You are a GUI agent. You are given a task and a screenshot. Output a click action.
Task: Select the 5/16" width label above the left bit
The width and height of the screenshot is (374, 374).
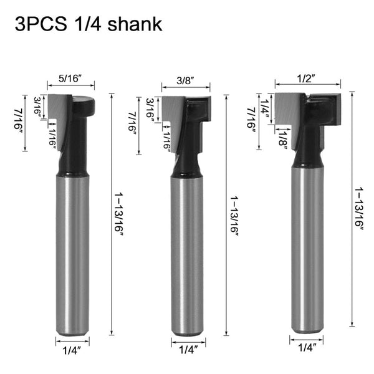70,79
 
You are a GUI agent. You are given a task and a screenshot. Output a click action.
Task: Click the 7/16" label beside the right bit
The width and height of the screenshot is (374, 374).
252,121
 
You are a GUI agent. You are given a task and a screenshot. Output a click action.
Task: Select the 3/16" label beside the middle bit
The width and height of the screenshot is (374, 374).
150,108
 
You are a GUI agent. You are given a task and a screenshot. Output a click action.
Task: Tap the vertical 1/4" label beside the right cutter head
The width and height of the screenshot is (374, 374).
266,105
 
